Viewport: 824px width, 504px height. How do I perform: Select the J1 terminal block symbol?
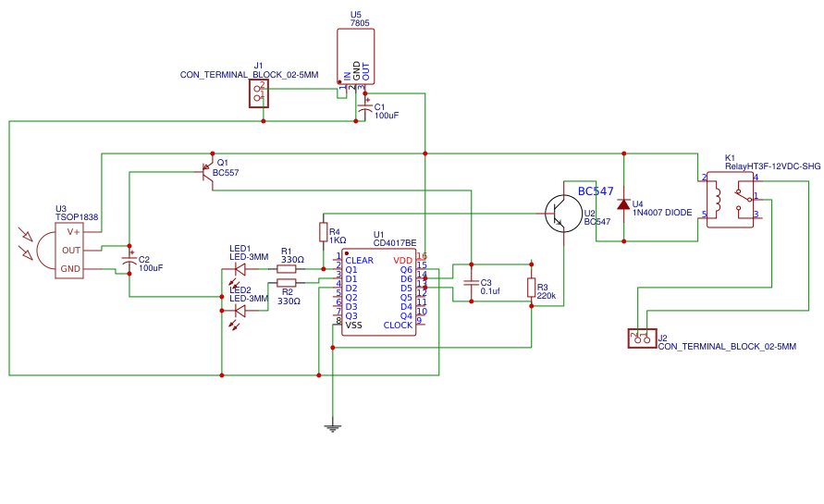(x=259, y=93)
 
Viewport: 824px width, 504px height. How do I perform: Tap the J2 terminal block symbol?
(x=641, y=338)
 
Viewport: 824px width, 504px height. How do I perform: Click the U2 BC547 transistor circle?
(x=561, y=212)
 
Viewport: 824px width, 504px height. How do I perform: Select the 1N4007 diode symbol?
(x=623, y=203)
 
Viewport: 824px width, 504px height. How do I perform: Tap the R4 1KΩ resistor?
(x=323, y=232)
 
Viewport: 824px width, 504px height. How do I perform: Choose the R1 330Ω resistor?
(x=286, y=269)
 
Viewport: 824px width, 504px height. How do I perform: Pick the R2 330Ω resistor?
(x=286, y=283)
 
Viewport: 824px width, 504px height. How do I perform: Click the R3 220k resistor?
(x=531, y=288)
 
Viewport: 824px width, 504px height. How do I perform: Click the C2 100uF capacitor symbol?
(x=129, y=262)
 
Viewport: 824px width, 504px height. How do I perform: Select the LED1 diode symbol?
(x=240, y=269)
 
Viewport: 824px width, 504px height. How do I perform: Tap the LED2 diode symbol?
(x=240, y=310)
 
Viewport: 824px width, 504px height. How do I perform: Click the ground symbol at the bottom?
(x=331, y=426)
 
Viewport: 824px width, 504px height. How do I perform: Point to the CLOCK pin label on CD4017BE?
(x=398, y=326)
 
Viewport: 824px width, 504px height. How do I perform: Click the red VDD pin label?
(x=403, y=261)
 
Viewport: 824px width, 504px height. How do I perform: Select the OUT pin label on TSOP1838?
(x=71, y=250)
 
